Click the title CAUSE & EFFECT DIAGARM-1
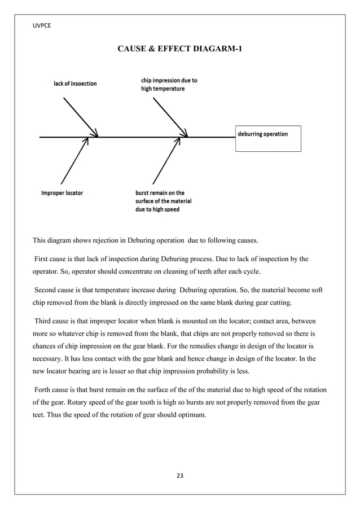click(181, 50)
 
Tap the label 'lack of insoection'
click(75, 84)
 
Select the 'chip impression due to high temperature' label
click(169, 85)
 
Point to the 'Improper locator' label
click(62, 193)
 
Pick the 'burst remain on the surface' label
click(164, 201)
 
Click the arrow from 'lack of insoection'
click(81, 117)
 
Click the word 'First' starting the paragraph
click(42, 259)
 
